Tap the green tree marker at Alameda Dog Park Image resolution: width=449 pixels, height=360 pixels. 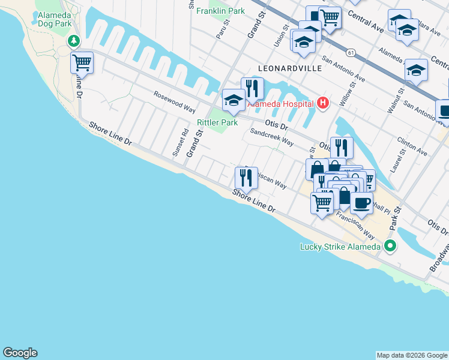pyautogui.click(x=74, y=41)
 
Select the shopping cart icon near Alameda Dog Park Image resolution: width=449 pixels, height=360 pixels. pyautogui.click(x=82, y=62)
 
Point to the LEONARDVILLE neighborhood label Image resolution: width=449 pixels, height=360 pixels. pyautogui.click(x=290, y=69)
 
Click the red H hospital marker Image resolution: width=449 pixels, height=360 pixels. pyautogui.click(x=324, y=103)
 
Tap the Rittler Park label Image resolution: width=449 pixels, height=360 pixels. pyautogui.click(x=218, y=122)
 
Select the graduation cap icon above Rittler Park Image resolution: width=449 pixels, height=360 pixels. pyautogui.click(x=233, y=100)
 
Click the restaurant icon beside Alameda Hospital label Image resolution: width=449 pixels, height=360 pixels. pyautogui.click(x=253, y=88)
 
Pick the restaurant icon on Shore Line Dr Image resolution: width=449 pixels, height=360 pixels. pyautogui.click(x=246, y=177)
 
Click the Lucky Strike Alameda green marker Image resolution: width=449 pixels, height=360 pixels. pyautogui.click(x=390, y=245)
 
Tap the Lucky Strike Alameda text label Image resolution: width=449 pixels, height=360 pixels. pyautogui.click(x=340, y=247)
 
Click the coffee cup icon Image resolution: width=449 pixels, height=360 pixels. pyautogui.click(x=361, y=203)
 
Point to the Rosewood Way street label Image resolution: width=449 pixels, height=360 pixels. pyautogui.click(x=175, y=103)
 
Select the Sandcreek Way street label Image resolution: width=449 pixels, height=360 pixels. pyautogui.click(x=271, y=139)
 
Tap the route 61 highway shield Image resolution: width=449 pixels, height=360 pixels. pyautogui.click(x=349, y=53)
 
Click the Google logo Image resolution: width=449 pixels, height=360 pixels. pyautogui.click(x=20, y=353)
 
